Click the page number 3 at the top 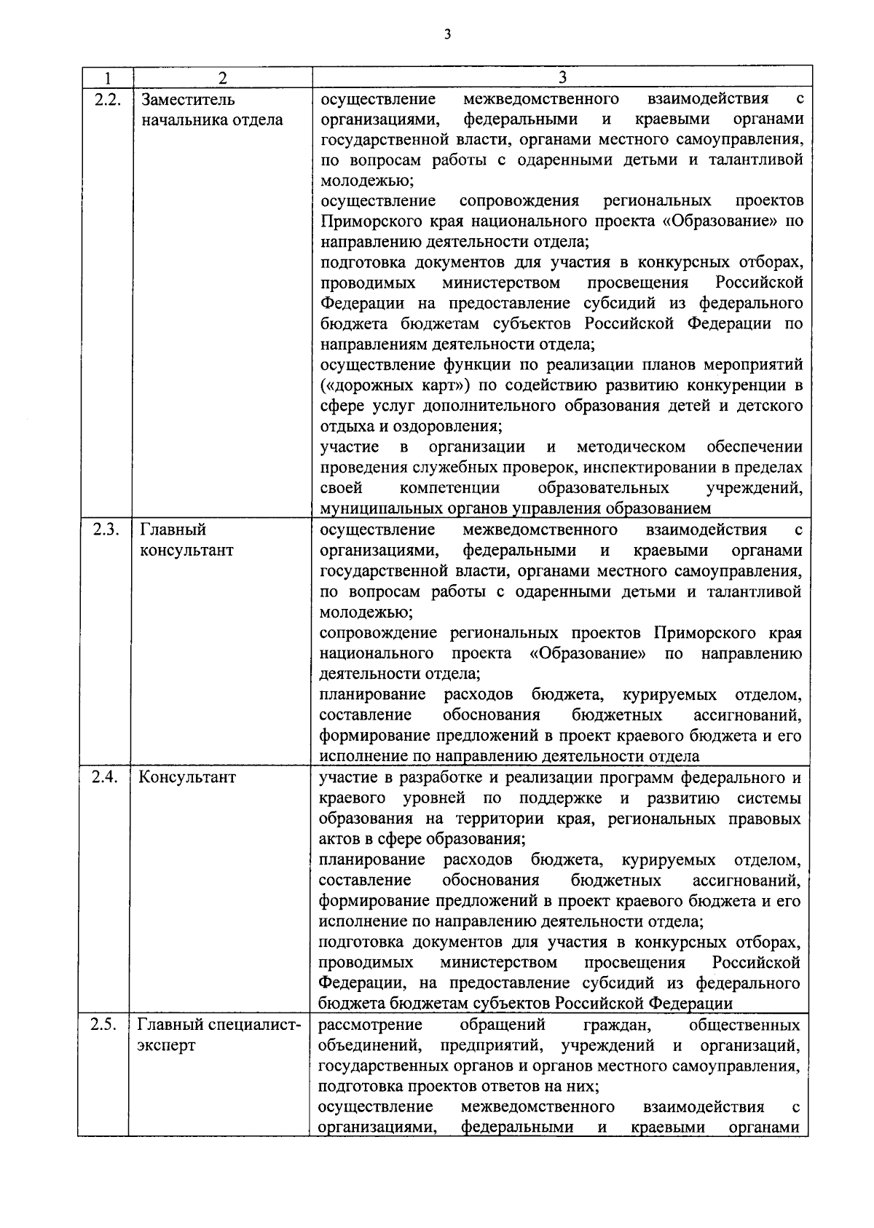pos(447,34)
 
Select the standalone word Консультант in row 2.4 pos(188,776)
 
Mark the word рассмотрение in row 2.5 pos(371,1025)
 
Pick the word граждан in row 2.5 pos(616,1025)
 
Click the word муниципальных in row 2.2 pos(377,508)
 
